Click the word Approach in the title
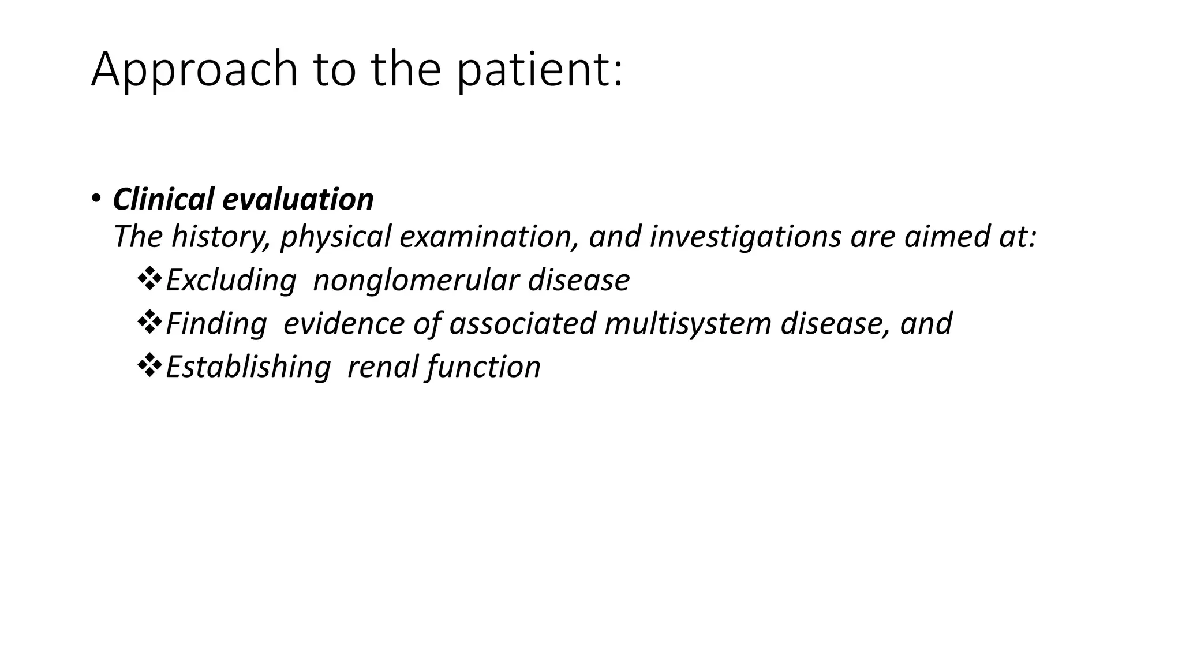(194, 69)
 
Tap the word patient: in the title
(540, 69)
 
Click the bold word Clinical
(163, 199)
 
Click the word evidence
(343, 323)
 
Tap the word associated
(522, 323)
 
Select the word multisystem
(688, 323)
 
